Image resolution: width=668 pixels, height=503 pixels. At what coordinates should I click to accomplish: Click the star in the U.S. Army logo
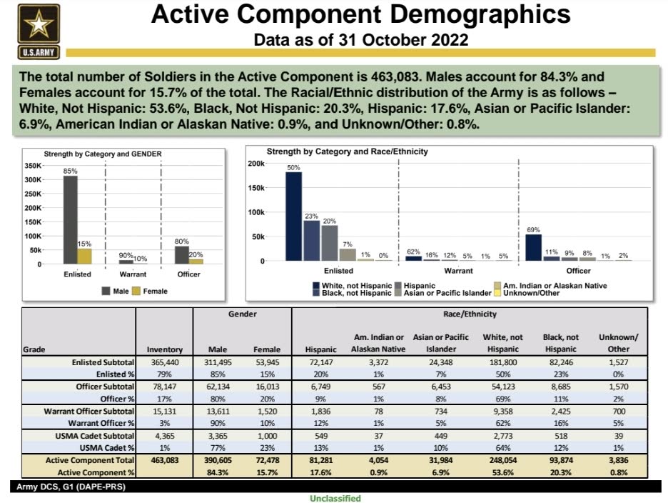click(x=39, y=24)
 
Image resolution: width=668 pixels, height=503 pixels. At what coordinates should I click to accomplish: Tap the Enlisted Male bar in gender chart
click(x=70, y=220)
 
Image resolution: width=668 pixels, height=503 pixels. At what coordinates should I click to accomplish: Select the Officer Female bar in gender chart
click(x=196, y=262)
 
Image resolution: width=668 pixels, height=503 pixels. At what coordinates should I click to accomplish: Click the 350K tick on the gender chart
click(x=34, y=166)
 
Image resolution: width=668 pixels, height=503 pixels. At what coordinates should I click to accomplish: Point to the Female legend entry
click(x=150, y=291)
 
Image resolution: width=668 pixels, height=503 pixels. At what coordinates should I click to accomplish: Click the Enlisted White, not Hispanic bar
click(x=293, y=216)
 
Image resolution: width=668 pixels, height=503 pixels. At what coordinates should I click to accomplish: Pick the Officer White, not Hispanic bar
click(x=533, y=247)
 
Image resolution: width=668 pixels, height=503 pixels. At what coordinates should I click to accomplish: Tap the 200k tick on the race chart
click(x=256, y=164)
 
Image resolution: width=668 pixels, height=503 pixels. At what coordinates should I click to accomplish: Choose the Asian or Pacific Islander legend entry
click(x=443, y=293)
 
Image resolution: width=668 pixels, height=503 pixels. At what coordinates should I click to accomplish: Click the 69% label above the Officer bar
click(x=533, y=229)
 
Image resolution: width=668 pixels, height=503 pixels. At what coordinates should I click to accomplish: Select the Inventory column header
click(x=164, y=349)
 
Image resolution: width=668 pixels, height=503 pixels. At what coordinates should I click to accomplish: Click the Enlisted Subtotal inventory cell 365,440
click(x=165, y=362)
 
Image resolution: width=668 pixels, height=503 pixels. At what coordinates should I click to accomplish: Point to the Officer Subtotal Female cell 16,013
click(x=267, y=387)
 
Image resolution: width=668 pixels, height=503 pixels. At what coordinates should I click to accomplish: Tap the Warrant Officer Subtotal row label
click(x=88, y=412)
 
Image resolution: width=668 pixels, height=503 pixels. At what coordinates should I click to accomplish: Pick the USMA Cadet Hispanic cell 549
click(x=320, y=436)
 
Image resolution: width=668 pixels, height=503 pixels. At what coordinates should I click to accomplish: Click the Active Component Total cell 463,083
click(x=165, y=460)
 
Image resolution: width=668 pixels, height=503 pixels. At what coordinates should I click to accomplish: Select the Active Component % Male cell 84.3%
click(x=218, y=473)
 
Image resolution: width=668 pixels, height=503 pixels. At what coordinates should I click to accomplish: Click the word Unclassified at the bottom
click(x=335, y=498)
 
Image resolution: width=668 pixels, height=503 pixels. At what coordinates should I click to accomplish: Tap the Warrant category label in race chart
click(x=458, y=271)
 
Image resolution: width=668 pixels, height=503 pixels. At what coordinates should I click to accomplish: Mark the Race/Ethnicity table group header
click(x=470, y=314)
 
